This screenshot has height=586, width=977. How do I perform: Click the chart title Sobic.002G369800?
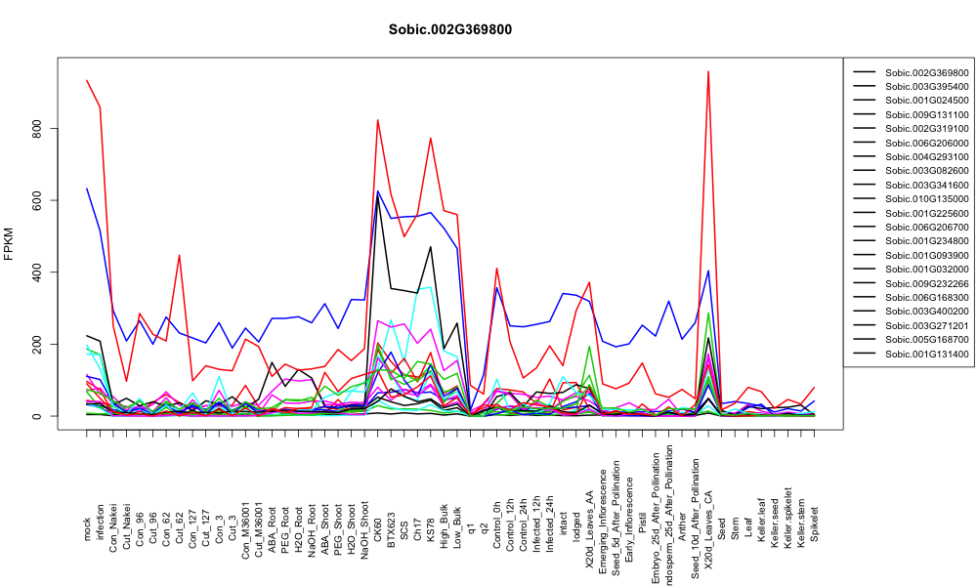pyautogui.click(x=449, y=29)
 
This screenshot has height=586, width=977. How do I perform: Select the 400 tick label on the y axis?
pyautogui.click(x=38, y=272)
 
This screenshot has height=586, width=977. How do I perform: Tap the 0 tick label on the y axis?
pyautogui.click(x=38, y=416)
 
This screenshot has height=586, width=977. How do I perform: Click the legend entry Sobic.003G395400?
pyautogui.click(x=927, y=87)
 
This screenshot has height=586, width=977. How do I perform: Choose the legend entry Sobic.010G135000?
pyautogui.click(x=927, y=199)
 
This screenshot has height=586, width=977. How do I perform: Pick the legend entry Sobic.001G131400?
pyautogui.click(x=927, y=355)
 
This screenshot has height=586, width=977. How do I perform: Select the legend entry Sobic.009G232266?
pyautogui.click(x=927, y=284)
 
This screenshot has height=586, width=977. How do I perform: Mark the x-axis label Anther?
pyautogui.click(x=682, y=526)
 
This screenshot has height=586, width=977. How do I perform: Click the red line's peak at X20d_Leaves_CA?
pyautogui.click(x=708, y=71)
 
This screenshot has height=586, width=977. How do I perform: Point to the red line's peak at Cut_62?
pyautogui.click(x=180, y=255)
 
